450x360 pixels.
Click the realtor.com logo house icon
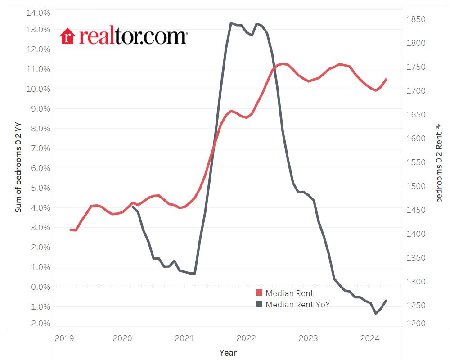(67, 36)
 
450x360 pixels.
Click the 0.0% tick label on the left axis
(39, 287)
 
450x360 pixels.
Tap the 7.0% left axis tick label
(39, 148)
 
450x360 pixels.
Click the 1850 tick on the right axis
(416, 19)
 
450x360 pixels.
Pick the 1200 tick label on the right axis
(416, 324)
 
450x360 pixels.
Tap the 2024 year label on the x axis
(370, 338)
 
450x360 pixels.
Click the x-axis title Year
(228, 352)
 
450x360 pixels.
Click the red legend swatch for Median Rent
(259, 293)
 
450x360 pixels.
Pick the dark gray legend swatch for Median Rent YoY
(259, 304)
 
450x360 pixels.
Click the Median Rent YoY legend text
(298, 304)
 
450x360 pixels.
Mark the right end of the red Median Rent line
(386, 80)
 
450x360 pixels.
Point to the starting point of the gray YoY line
(133, 207)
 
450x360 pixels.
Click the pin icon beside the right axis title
(439, 127)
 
